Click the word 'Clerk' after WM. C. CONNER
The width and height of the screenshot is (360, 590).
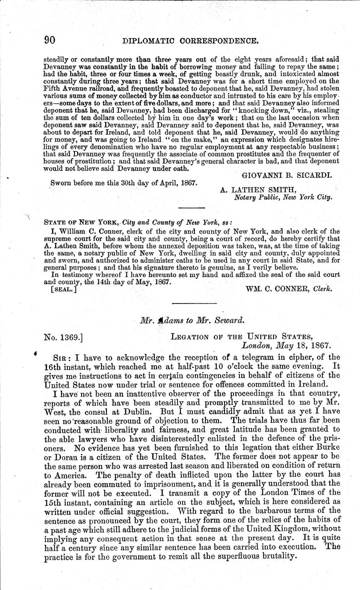323,289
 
